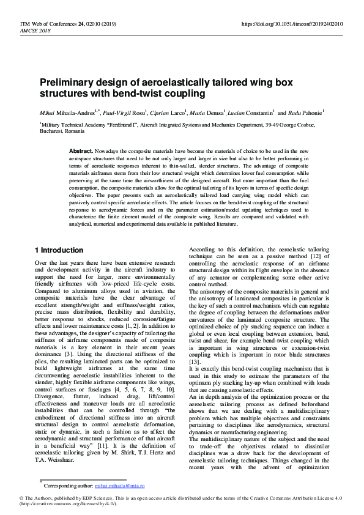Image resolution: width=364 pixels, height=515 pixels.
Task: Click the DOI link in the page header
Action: (x=301, y=24)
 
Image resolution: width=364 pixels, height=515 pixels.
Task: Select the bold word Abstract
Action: (x=81, y=150)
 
